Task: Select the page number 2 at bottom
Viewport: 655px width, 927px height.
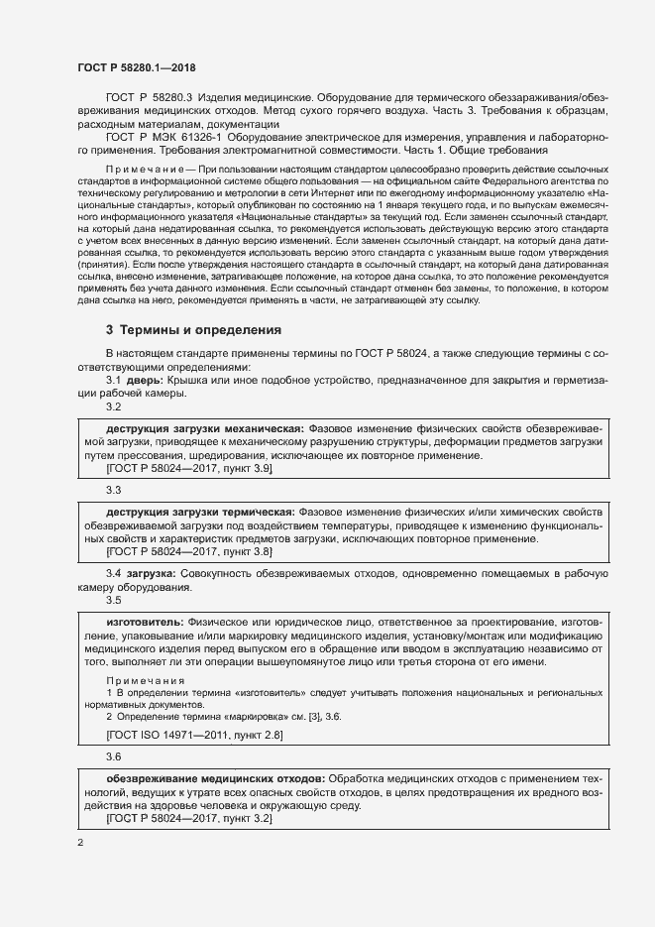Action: [x=80, y=842]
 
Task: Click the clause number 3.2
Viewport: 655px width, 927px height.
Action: [x=113, y=406]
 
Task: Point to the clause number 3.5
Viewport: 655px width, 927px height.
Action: [x=113, y=600]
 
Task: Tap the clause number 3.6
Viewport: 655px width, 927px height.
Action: [x=113, y=756]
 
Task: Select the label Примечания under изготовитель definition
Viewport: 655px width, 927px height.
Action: [x=146, y=680]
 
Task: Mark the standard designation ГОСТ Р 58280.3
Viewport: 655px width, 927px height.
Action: [x=148, y=98]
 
